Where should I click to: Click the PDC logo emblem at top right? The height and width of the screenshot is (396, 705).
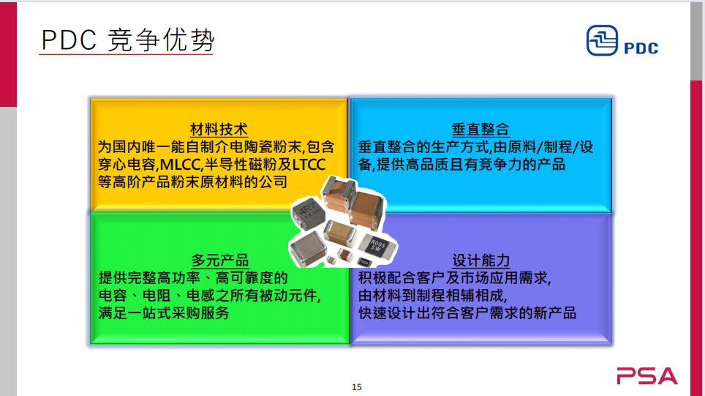602,40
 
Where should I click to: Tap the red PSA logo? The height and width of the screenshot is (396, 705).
647,376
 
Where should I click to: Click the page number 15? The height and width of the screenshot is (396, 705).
357,387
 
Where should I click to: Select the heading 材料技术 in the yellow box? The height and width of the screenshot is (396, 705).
219,130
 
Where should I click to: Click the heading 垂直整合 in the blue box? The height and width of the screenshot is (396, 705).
480,130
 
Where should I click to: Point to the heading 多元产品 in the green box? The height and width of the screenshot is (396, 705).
220,260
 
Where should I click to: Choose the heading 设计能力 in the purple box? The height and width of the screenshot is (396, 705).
480,260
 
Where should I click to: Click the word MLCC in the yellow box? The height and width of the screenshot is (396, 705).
180,165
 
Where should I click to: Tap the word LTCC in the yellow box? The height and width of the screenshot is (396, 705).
309,165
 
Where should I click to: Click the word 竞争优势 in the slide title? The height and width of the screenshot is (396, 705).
162,40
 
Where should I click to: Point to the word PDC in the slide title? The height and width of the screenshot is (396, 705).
69,40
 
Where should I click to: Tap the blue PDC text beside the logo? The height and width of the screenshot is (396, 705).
641,48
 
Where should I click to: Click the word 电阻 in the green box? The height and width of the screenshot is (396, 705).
157,296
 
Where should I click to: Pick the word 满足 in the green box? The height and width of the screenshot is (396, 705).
113,313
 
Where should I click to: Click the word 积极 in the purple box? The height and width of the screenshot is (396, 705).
372,278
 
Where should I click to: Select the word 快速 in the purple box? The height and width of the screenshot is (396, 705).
372,313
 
